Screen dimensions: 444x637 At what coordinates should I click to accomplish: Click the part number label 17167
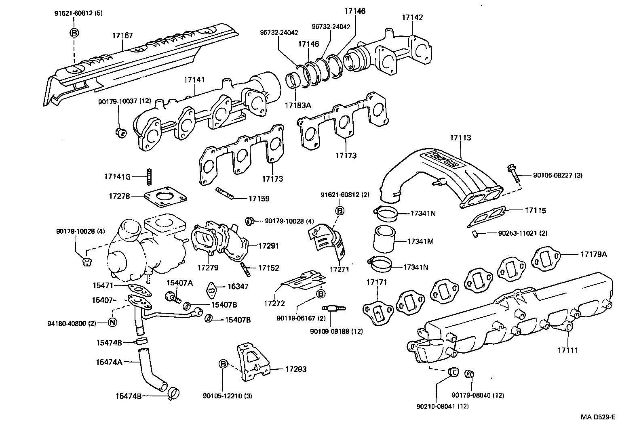click(x=122, y=36)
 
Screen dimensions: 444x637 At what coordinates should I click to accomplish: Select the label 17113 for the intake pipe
click(x=460, y=138)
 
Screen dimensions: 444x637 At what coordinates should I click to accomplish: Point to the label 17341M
click(x=420, y=241)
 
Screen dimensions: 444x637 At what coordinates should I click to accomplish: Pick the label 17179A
click(x=594, y=254)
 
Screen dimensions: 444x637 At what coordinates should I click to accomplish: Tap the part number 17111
click(x=568, y=350)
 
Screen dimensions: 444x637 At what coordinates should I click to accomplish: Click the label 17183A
click(x=297, y=105)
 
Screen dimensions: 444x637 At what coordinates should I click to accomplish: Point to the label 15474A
click(x=109, y=362)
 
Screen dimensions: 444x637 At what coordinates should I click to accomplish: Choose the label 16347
click(x=238, y=286)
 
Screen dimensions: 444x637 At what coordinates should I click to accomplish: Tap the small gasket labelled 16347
click(x=212, y=289)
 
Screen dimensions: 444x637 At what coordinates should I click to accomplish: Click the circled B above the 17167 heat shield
click(x=75, y=33)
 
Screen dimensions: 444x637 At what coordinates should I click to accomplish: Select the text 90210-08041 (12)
click(x=443, y=406)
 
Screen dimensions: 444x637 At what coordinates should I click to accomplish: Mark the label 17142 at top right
click(x=412, y=17)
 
